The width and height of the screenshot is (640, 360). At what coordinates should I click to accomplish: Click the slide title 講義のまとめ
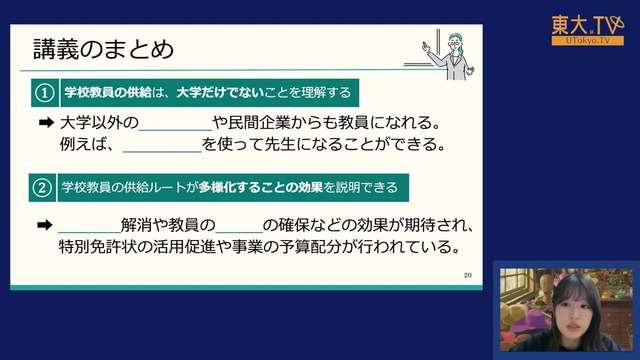tap(104, 49)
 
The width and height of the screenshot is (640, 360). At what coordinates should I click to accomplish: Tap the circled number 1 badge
tap(45, 93)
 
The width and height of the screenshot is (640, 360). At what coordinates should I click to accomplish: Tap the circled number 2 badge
tap(42, 188)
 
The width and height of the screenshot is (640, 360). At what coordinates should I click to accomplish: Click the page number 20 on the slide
tap(468, 275)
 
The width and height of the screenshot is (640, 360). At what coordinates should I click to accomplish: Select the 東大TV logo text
tap(588, 25)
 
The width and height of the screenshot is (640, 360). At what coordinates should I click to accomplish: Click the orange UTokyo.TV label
tap(588, 40)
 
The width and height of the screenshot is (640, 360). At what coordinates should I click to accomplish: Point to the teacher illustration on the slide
tap(448, 54)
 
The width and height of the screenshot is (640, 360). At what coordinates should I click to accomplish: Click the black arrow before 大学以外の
tap(46, 122)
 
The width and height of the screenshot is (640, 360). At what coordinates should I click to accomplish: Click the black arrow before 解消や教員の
tap(45, 225)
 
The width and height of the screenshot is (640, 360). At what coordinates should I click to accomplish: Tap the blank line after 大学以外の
tap(176, 131)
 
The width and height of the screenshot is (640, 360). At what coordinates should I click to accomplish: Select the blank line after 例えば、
tap(162, 152)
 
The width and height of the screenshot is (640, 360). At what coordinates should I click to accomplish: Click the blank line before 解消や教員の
tap(90, 232)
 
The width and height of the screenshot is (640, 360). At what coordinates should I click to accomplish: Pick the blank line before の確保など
tap(239, 232)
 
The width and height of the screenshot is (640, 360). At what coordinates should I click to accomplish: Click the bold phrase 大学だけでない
tap(220, 93)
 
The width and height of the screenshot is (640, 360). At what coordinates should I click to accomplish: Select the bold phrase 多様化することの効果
tap(261, 187)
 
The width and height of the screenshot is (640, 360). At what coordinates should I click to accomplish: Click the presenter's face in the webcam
tap(574, 310)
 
